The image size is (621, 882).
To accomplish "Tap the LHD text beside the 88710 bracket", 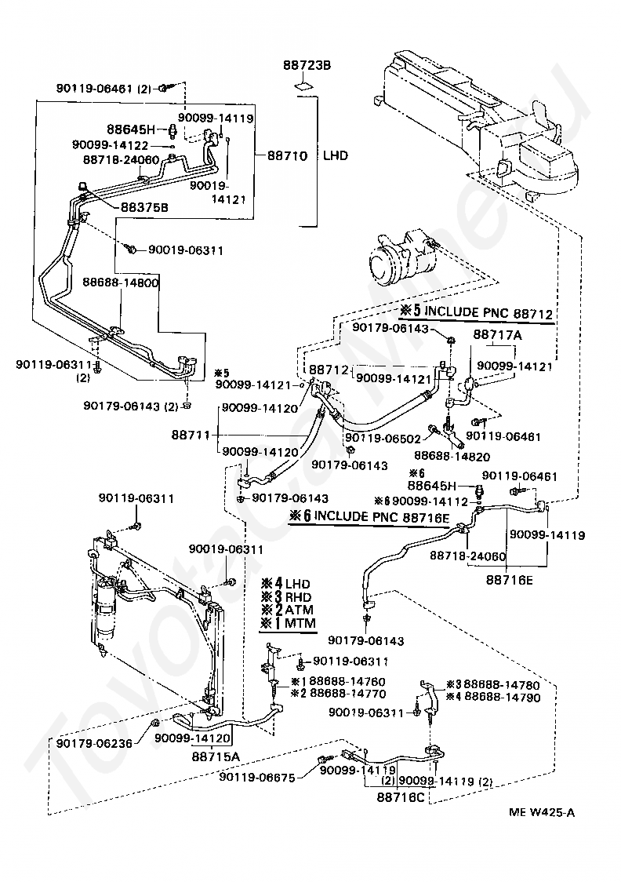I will pyautogui.click(x=336, y=155).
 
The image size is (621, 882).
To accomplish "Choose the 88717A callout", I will pyautogui.click(x=497, y=335).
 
